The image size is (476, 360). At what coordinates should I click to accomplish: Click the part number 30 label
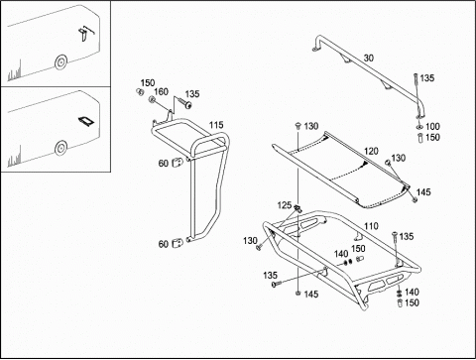[x=369, y=58]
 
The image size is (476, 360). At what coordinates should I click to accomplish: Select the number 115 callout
[x=216, y=125]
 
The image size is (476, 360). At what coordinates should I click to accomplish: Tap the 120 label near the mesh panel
[x=371, y=151]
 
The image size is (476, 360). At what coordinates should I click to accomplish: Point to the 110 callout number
[x=371, y=226]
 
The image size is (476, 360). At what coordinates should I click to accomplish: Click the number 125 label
[x=285, y=205]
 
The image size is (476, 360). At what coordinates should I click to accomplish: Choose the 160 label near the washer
[x=161, y=91]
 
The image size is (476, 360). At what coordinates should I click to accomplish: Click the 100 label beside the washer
[x=432, y=126]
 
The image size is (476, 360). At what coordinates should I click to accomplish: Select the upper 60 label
[x=164, y=163]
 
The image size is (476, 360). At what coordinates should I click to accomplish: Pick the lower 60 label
[x=164, y=244]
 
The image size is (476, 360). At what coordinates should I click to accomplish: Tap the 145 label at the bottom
[x=311, y=294]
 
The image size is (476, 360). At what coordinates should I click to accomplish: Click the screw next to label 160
[x=184, y=103]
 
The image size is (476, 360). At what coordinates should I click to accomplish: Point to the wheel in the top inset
[x=61, y=61]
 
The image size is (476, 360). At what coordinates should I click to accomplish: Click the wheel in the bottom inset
[x=61, y=148]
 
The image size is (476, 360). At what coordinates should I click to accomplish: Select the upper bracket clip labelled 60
[x=177, y=162]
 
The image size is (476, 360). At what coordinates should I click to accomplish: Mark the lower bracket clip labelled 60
[x=178, y=243]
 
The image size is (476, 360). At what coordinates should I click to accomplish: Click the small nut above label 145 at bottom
[x=298, y=294]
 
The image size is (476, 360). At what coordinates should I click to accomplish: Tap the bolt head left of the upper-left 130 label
[x=298, y=125]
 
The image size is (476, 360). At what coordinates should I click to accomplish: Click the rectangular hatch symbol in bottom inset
[x=86, y=121]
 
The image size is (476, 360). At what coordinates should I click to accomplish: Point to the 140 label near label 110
[x=341, y=254]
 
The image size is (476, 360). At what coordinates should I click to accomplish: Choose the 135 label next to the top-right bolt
[x=427, y=78]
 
